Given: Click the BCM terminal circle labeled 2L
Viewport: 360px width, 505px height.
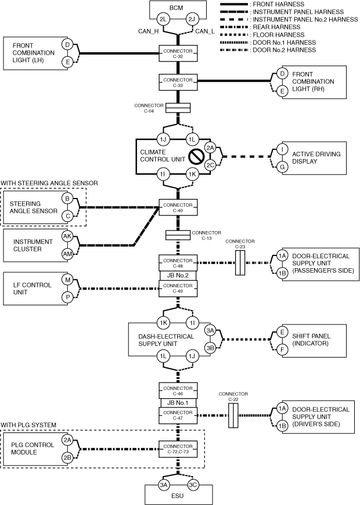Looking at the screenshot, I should point(164,20).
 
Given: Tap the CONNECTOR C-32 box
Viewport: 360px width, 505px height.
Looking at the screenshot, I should point(178,54).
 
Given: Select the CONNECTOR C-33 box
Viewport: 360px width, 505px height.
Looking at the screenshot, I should point(178,82).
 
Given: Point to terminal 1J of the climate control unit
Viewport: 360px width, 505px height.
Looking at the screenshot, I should point(164,140).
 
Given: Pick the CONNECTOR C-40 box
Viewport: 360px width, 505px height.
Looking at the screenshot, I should point(178,207).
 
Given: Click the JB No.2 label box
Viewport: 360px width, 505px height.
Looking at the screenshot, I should point(178,276).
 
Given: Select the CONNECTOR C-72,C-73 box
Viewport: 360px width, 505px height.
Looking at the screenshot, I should point(178,448).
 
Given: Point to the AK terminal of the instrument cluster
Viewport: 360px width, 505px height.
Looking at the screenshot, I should point(67,237).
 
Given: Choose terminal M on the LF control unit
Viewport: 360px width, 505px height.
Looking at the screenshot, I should point(67,280).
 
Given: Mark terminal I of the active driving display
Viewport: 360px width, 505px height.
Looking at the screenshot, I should point(282,150).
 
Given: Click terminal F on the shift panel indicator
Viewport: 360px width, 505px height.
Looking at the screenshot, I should point(282,350).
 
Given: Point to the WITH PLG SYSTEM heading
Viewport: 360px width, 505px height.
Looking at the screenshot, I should point(28,425).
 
